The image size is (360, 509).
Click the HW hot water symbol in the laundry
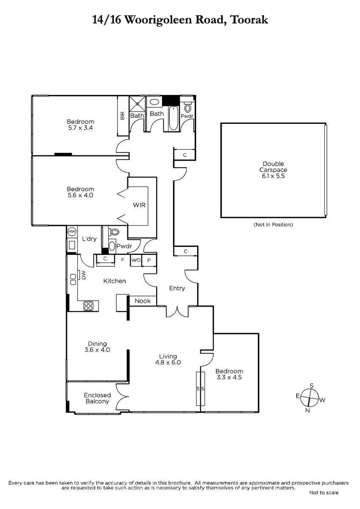pyautogui.click(x=72, y=232)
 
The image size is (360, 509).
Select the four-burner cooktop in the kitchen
pyautogui.click(x=88, y=306)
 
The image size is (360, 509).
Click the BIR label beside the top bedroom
pyautogui.click(x=122, y=116)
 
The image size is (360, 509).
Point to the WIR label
pyautogui.click(x=139, y=205)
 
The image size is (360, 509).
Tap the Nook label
pyautogui.click(x=143, y=301)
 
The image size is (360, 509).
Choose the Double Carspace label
pyautogui.click(x=273, y=167)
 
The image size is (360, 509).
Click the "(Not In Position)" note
pyautogui.click(x=273, y=225)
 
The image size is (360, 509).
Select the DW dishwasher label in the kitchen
pyautogui.click(x=84, y=276)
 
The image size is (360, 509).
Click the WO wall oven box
pyautogui.click(x=136, y=260)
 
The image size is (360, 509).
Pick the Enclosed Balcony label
pyautogui.click(x=97, y=398)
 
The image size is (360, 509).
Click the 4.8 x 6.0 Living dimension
pyautogui.click(x=168, y=362)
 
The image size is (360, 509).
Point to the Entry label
pyautogui.click(x=177, y=288)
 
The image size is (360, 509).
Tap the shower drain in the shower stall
pyautogui.click(x=138, y=104)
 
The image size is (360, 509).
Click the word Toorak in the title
pyautogui.click(x=249, y=20)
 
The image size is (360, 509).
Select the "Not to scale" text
pyautogui.click(x=324, y=492)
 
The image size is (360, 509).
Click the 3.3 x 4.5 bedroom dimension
pyautogui.click(x=229, y=377)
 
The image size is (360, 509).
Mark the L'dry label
pyautogui.click(x=90, y=238)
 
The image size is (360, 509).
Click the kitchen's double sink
pyautogui.click(x=73, y=280)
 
